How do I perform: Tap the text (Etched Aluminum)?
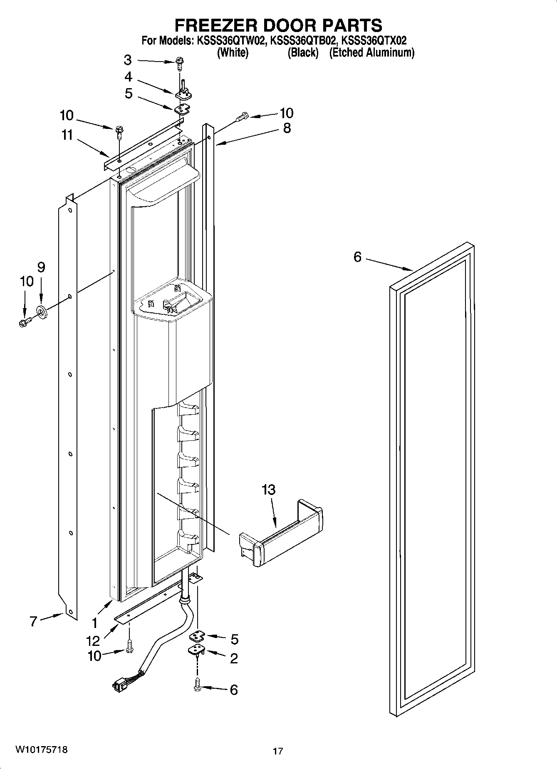(x=371, y=53)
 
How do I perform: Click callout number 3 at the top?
(x=128, y=60)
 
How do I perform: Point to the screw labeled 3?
(x=180, y=63)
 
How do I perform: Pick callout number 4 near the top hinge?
(x=128, y=77)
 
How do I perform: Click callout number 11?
(x=67, y=135)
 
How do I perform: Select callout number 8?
(x=287, y=128)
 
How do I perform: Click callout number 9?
(x=41, y=267)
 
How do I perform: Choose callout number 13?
(x=269, y=490)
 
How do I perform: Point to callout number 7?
(x=33, y=622)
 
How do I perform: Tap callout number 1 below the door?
(x=95, y=623)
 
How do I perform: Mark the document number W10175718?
(x=41, y=750)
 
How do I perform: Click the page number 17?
(x=278, y=751)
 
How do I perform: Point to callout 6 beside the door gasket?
(x=358, y=257)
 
